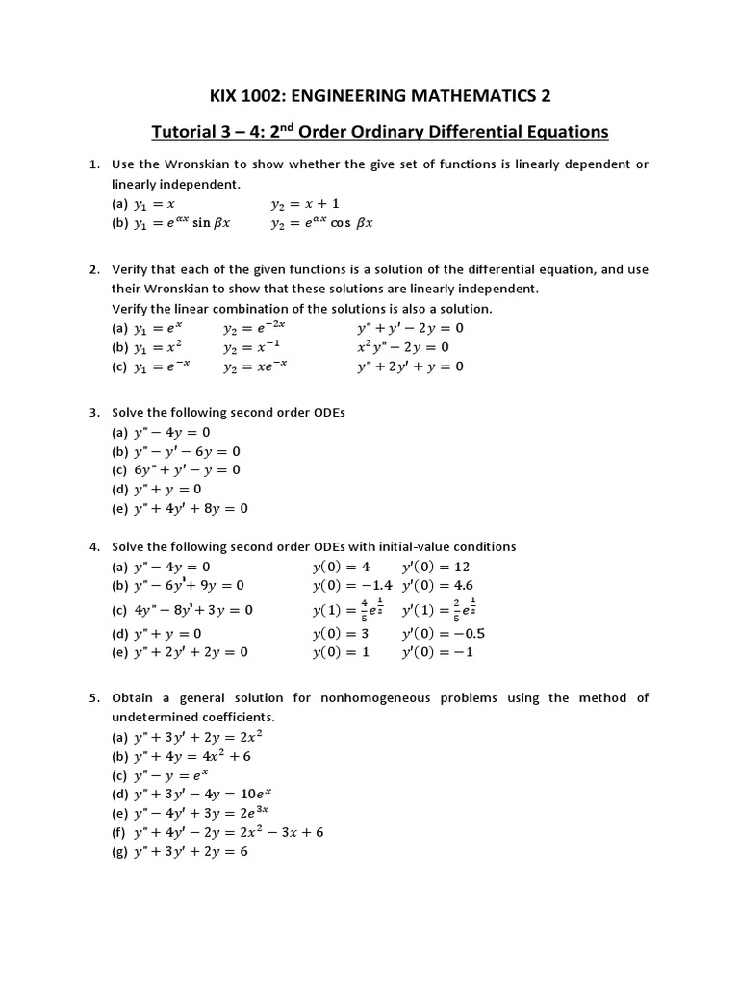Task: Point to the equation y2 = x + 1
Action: [305, 204]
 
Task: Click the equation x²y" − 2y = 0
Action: [403, 347]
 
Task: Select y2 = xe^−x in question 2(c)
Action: [255, 366]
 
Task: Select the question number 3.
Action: [94, 412]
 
